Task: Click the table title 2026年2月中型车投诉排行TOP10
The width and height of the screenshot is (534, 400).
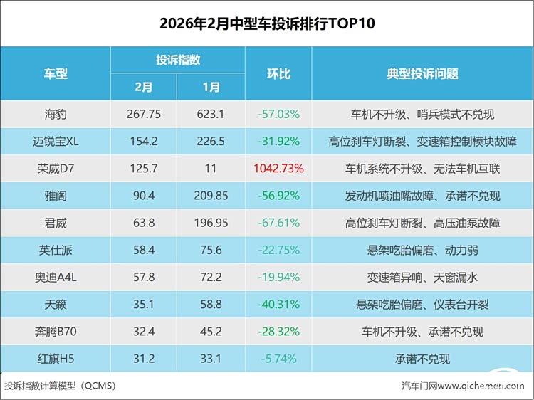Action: click(267, 23)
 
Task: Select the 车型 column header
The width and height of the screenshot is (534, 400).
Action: click(56, 73)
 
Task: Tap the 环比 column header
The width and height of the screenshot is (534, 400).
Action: click(278, 73)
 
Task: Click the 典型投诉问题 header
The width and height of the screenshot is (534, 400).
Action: click(422, 73)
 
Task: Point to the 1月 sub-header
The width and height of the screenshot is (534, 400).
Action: click(211, 87)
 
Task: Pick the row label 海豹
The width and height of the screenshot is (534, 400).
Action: click(56, 114)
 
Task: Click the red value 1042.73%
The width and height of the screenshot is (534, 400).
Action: click(278, 169)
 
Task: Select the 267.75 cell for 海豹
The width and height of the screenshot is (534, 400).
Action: click(144, 114)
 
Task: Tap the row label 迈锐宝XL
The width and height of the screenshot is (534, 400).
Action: click(56, 141)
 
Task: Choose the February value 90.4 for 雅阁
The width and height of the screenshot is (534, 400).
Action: click(144, 196)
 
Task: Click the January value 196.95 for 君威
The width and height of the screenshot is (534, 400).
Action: click(211, 223)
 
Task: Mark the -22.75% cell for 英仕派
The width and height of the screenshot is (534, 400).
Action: click(278, 250)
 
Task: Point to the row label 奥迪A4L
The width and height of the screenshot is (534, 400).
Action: click(56, 277)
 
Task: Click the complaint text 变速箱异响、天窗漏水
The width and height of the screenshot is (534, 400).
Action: click(422, 277)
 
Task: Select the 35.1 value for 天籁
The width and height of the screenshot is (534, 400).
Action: click(144, 304)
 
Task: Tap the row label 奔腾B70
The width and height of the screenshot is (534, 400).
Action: click(56, 332)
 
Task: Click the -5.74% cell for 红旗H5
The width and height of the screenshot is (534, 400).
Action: click(278, 359)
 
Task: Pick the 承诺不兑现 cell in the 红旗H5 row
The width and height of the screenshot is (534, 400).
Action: click(422, 359)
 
